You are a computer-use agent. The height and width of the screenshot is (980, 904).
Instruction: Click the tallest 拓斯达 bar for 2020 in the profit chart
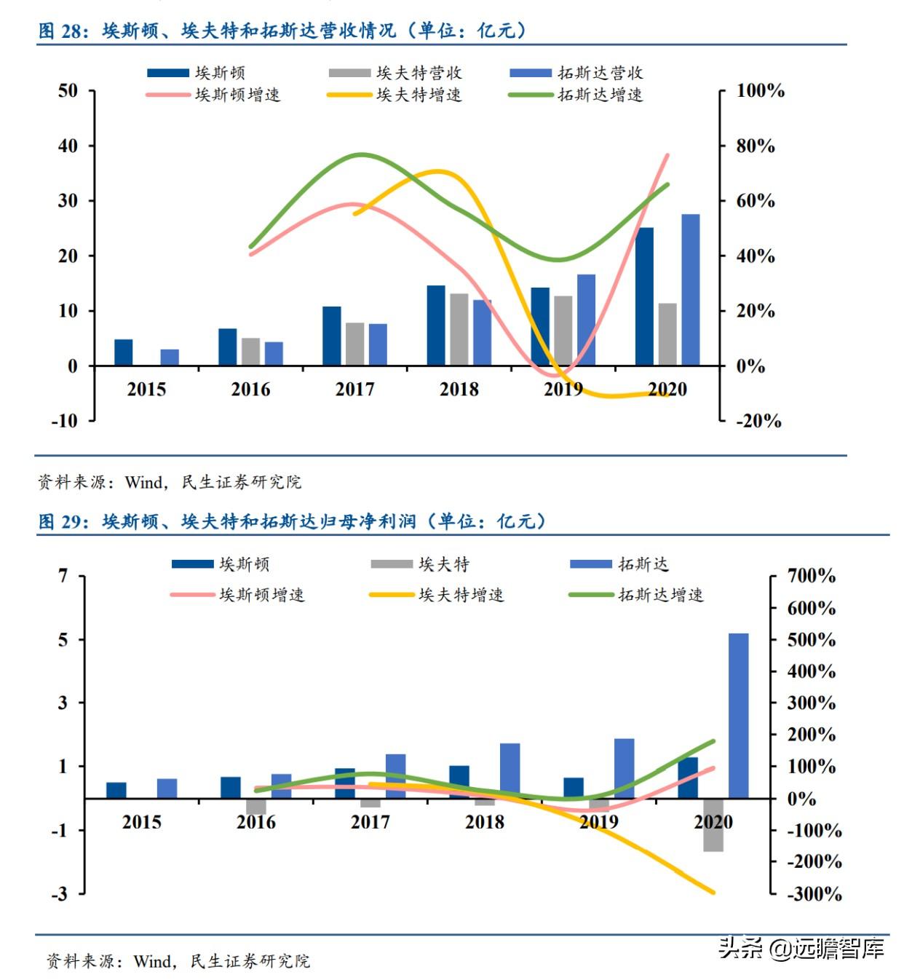738,715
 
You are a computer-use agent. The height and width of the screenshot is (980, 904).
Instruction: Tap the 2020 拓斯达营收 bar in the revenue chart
690,290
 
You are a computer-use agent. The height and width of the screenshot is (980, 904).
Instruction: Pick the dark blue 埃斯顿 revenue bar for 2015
124,352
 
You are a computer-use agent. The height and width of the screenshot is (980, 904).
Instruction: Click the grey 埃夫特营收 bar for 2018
459,329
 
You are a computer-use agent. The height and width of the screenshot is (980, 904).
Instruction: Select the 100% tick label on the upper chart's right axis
760,91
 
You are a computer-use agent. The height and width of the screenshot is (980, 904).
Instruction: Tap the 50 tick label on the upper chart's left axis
68,91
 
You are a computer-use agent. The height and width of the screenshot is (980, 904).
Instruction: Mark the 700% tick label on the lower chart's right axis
811,576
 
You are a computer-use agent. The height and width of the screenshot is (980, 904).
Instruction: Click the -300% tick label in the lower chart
814,893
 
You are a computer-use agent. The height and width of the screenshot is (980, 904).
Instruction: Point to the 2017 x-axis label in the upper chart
354,390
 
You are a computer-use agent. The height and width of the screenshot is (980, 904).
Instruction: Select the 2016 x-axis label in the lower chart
256,822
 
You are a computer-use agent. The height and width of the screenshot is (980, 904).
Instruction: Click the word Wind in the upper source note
143,482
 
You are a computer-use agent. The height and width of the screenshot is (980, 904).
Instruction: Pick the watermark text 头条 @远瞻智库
801,948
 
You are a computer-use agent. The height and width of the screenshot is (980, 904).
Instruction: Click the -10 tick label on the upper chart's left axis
64,421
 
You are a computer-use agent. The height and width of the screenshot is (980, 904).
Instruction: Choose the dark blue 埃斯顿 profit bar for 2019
574,788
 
